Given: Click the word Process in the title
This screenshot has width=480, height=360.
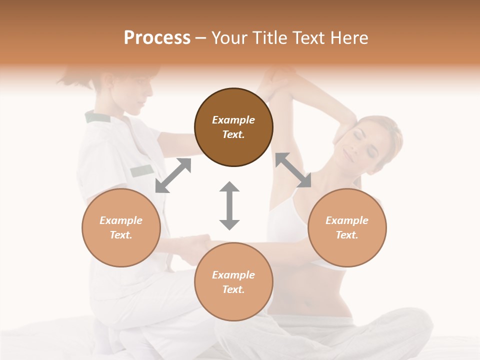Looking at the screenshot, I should (x=157, y=38).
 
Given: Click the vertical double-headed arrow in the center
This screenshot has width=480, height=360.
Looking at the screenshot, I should (x=229, y=205).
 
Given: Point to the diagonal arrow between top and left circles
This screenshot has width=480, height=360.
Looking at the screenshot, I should (x=173, y=175).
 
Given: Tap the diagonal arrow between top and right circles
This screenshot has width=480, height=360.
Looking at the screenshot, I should (x=293, y=170).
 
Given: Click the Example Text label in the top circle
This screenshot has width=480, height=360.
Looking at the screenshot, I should (x=233, y=127).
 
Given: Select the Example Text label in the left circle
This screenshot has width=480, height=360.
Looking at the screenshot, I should (x=121, y=227).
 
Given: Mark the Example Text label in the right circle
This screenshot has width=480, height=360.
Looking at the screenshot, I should (x=347, y=227).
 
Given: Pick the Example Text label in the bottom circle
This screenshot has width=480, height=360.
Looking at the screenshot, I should (x=233, y=282).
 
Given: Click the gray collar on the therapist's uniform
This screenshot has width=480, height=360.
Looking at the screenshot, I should (x=97, y=117).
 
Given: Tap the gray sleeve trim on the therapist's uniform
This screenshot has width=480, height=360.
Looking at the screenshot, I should (x=142, y=170).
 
